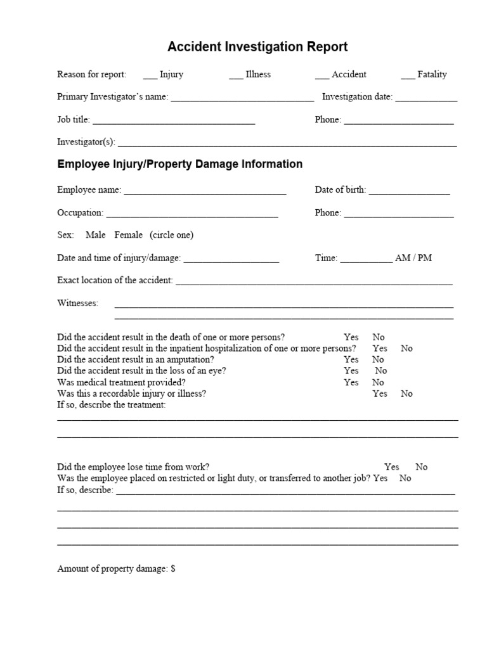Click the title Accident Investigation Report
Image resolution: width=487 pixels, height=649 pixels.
tap(257, 47)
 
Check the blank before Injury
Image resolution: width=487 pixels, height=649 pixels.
tap(150, 75)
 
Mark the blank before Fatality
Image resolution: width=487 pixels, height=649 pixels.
tap(408, 75)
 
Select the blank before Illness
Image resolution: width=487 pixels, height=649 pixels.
tap(236, 75)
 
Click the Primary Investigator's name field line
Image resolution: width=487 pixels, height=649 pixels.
tap(242, 98)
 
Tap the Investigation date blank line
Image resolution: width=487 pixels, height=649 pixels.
tap(426, 98)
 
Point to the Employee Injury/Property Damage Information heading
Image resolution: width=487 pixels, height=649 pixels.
tap(179, 164)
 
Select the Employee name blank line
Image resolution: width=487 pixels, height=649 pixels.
tap(205, 191)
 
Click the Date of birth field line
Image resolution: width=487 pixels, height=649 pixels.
tap(409, 191)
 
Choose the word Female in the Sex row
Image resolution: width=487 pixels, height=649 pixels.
tap(129, 235)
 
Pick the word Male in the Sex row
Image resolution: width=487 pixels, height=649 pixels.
tap(96, 235)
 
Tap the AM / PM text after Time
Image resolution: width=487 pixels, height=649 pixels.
tap(413, 259)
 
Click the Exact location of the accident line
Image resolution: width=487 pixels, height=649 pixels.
tap(314, 281)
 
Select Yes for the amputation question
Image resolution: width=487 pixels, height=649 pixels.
tap(351, 359)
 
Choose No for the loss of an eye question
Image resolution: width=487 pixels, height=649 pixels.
tap(380, 371)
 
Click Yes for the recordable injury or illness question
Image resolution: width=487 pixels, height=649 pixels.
tap(380, 394)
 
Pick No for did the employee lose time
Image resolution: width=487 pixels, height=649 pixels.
tap(422, 467)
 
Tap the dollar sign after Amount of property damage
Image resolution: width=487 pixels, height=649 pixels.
tap(173, 569)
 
